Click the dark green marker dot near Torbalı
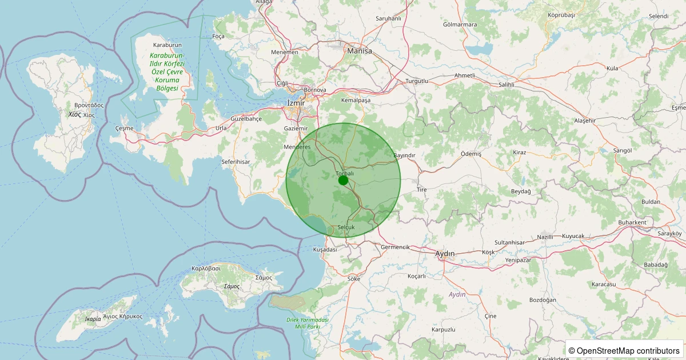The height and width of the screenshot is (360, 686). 343,180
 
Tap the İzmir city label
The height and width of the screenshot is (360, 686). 296,103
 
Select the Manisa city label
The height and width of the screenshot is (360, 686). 359,51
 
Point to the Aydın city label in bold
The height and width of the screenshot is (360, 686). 445,254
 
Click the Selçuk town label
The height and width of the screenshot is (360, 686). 346,227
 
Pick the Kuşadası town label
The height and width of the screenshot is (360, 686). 325,250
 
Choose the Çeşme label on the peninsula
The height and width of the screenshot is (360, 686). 124,128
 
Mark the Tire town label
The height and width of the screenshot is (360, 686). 422,190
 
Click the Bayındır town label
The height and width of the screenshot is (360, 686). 404,155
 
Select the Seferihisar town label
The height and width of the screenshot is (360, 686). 236,162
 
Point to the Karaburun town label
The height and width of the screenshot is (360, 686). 167,45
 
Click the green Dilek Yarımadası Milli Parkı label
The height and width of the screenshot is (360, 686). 308,323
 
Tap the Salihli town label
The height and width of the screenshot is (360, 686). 506,84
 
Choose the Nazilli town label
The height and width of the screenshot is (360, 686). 546,237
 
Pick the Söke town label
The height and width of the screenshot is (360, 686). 354,279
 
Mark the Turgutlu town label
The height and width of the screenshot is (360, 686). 417,81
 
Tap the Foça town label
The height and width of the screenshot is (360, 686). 218,36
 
